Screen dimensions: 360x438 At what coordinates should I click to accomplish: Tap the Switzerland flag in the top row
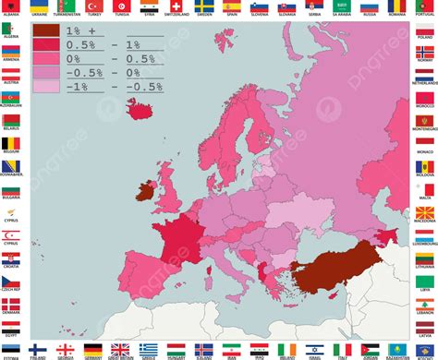(x=176, y=6)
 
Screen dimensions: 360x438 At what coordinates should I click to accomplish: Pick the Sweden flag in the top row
(x=204, y=6)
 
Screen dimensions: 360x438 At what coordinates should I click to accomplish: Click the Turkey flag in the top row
(x=93, y=6)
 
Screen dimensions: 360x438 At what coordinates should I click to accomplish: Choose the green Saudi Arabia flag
(x=315, y=6)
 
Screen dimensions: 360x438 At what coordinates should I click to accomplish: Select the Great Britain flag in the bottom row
(x=121, y=349)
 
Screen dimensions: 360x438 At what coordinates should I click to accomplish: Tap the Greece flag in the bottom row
(x=149, y=349)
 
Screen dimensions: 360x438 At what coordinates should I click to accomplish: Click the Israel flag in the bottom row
(x=315, y=349)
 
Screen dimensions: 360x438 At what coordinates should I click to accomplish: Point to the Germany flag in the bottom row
(x=93, y=349)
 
